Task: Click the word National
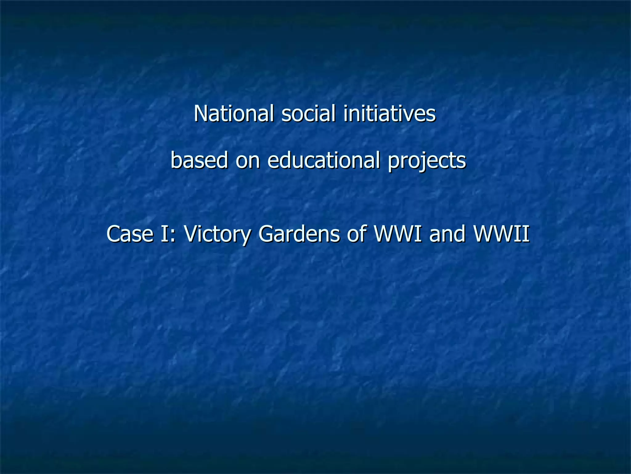click(x=234, y=114)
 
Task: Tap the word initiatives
click(x=389, y=114)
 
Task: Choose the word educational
click(x=324, y=160)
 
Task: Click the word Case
click(x=130, y=234)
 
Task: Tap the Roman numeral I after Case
click(x=164, y=234)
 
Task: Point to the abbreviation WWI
click(x=397, y=234)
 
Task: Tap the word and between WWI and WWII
click(x=447, y=234)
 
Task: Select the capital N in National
click(x=200, y=114)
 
